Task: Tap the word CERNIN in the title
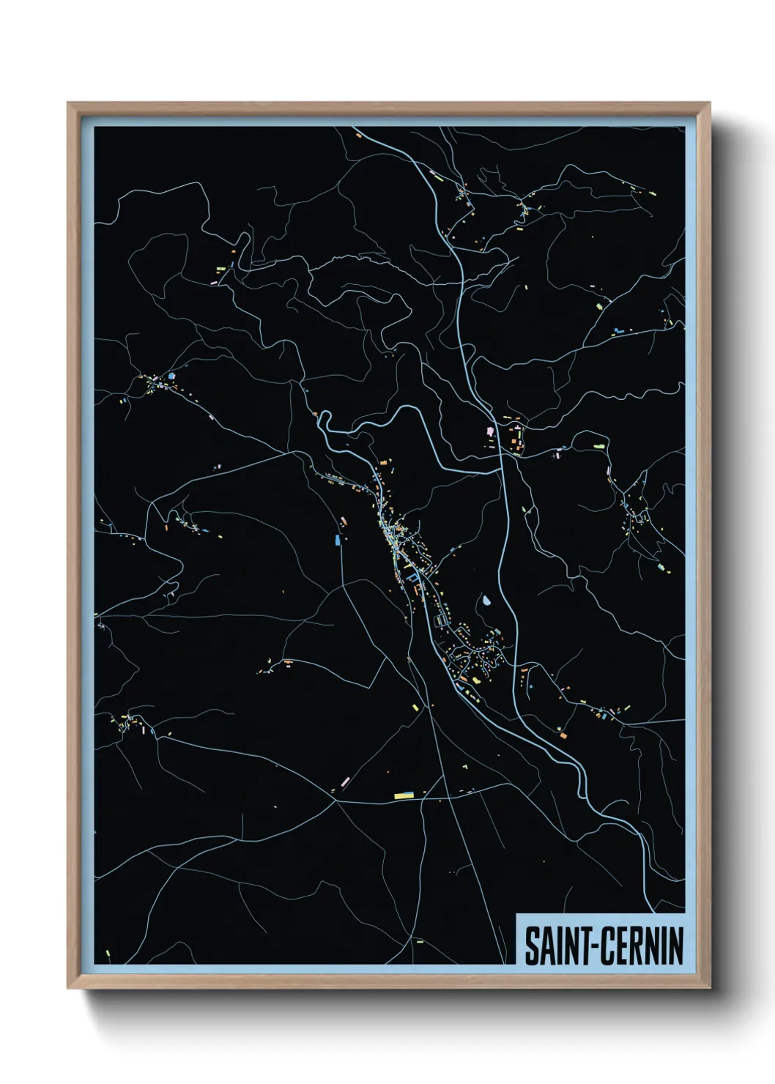pyautogui.click(x=642, y=946)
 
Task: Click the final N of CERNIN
pyautogui.click(x=676, y=946)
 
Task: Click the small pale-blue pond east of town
pyautogui.click(x=486, y=602)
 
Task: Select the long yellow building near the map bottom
pyautogui.click(x=404, y=795)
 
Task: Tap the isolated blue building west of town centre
pyautogui.click(x=338, y=540)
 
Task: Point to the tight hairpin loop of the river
pyautogui.click(x=322, y=420)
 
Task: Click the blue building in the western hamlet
pyautogui.click(x=171, y=376)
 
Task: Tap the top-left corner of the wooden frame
pyautogui.click(x=69, y=104)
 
